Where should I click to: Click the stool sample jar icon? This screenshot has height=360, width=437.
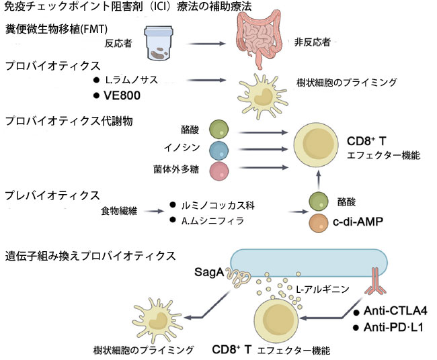165,42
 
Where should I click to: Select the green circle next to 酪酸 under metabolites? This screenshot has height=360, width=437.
220,130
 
